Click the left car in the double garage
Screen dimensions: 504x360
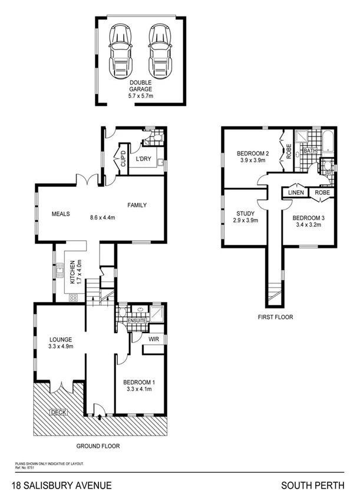point(121,44)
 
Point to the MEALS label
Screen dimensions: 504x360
point(61,214)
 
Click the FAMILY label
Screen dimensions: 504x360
point(137,205)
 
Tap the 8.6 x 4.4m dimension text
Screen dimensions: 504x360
point(98,217)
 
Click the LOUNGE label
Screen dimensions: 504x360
point(60,339)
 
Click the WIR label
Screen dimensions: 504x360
point(154,340)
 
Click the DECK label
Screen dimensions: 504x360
point(58,412)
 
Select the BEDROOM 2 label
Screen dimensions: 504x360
point(253,154)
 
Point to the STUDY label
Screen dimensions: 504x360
point(245,214)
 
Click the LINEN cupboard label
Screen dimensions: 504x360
point(296,193)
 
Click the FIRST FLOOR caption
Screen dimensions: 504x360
point(275,317)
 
